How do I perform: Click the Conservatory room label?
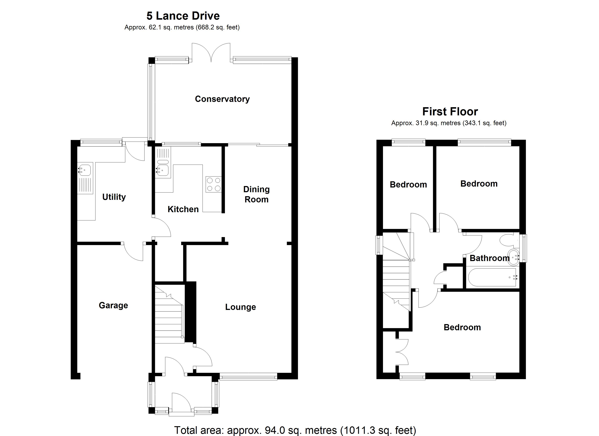tap(222, 99)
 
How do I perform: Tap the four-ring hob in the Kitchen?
tap(214, 184)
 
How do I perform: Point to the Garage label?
tap(113, 305)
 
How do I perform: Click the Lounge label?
tap(240, 307)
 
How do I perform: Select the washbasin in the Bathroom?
tap(514, 257)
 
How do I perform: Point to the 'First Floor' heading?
tap(450, 112)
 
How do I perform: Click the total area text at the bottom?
tap(295, 430)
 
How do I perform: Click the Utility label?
tap(114, 197)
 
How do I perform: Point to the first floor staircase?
tap(396, 278)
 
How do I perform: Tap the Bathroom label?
tap(489, 258)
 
